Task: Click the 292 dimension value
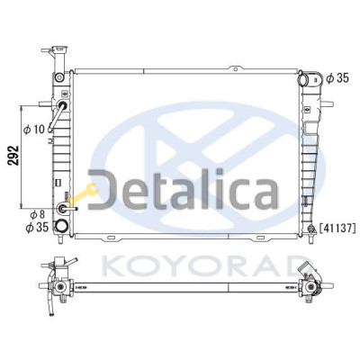(13, 156)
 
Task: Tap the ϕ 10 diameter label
(34, 130)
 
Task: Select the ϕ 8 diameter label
(37, 215)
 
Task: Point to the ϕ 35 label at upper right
(337, 78)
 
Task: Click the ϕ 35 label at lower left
(37, 227)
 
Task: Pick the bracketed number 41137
(337, 229)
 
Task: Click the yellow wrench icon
(83, 193)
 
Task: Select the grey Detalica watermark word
(183, 189)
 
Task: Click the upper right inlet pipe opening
(303, 79)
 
